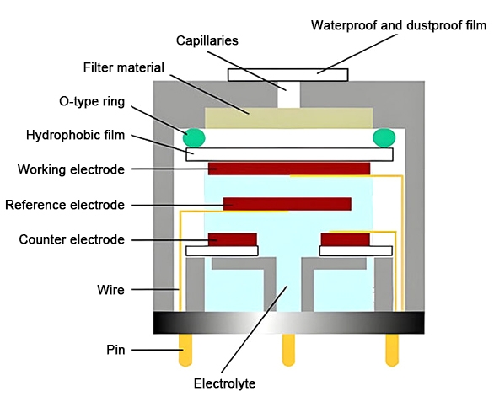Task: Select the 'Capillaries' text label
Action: pyautogui.click(x=208, y=40)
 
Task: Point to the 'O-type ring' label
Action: pyautogui.click(x=93, y=102)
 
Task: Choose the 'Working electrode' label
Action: pyautogui.click(x=71, y=169)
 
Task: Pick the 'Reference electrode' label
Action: pyautogui.click(x=65, y=205)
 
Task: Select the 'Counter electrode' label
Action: pyautogui.click(x=72, y=240)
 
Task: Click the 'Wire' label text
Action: pyautogui.click(x=110, y=290)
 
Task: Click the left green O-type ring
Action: pyautogui.click(x=196, y=137)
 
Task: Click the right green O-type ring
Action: pyautogui.click(x=384, y=137)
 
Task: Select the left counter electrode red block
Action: pyautogui.click(x=232, y=239)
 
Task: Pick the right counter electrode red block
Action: pyautogui.click(x=345, y=239)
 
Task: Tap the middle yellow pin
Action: pyautogui.click(x=288, y=346)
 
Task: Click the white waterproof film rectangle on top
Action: pyautogui.click(x=287, y=74)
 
